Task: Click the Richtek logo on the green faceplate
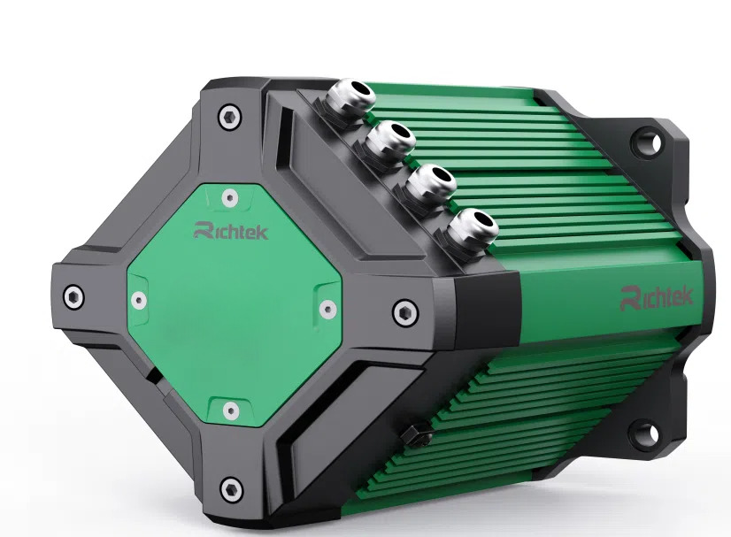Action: click(x=230, y=232)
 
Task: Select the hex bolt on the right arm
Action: click(x=404, y=310)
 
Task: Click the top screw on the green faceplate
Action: click(x=230, y=196)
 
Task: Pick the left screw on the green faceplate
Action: click(x=139, y=300)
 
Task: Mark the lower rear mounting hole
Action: click(x=648, y=433)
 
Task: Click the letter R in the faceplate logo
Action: click(x=202, y=231)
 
